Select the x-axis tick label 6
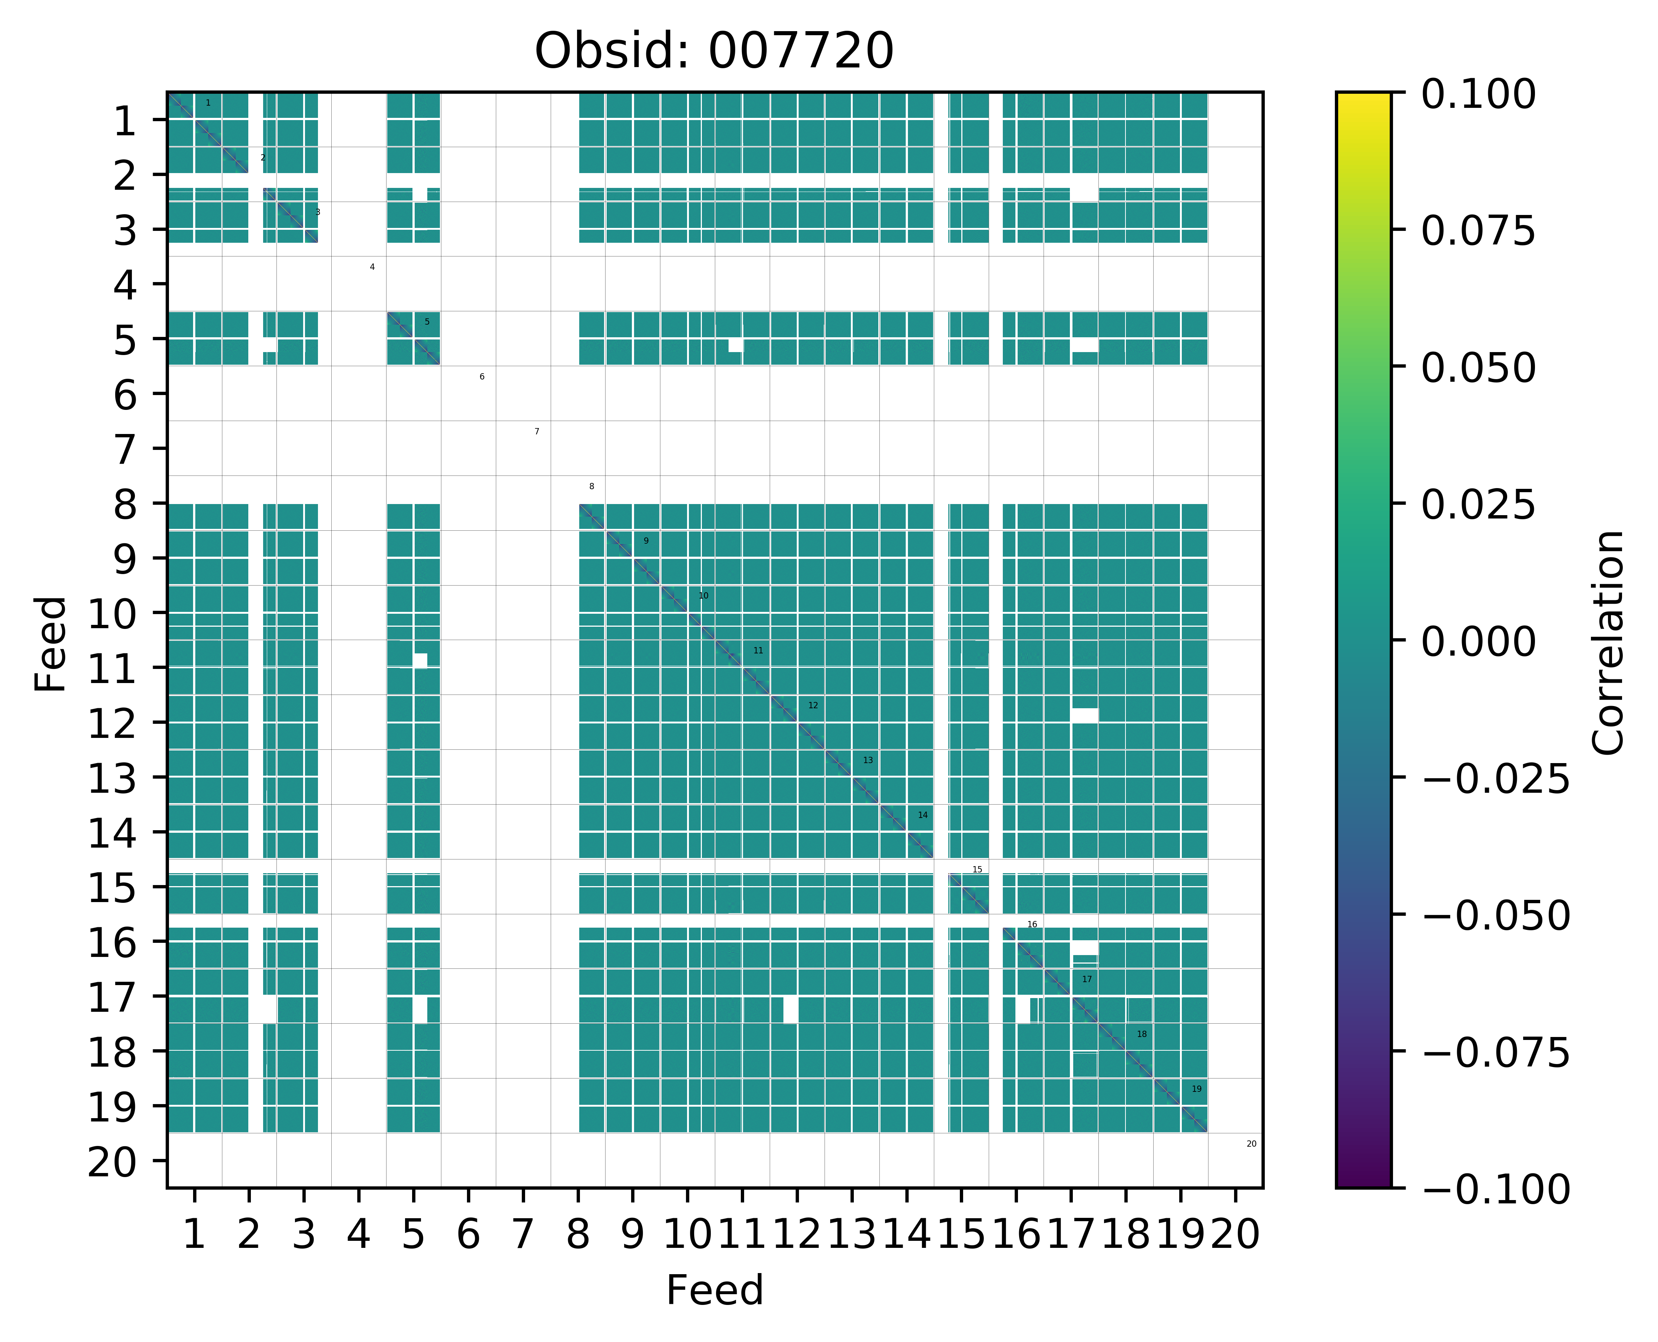[468, 1235]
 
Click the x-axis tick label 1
[194, 1235]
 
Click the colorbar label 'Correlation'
[1609, 642]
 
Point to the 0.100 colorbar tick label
[1478, 95]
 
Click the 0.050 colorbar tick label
[1478, 368]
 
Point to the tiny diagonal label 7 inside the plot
[537, 431]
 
